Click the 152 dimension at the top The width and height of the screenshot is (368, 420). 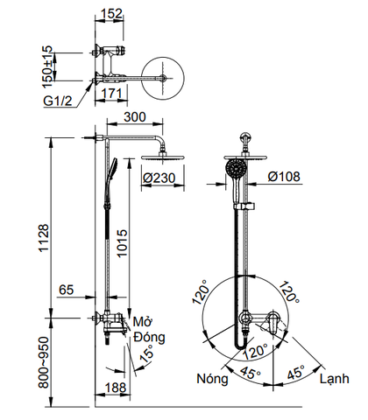click(112, 15)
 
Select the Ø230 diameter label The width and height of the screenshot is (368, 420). click(160, 178)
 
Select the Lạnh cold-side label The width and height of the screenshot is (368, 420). click(335, 380)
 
